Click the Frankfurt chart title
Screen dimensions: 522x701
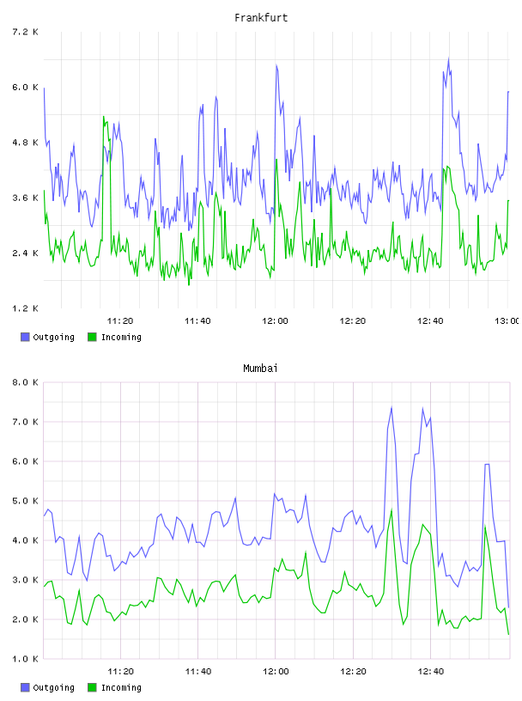(x=261, y=17)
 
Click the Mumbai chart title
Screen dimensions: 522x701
(x=260, y=368)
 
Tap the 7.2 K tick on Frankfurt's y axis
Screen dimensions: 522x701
(x=25, y=32)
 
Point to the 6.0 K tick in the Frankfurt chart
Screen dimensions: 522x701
(x=25, y=87)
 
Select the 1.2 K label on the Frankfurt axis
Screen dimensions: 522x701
(x=25, y=308)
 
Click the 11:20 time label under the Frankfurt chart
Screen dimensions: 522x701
(x=120, y=320)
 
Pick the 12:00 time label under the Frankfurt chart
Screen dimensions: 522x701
(x=275, y=320)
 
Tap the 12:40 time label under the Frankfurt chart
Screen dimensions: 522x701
(x=430, y=320)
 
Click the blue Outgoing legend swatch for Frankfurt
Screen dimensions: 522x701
(x=25, y=337)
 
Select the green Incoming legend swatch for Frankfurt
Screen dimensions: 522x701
(x=92, y=337)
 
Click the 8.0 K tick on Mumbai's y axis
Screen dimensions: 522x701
(x=25, y=382)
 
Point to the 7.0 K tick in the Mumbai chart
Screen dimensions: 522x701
(x=25, y=422)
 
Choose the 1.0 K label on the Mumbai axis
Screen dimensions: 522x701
(x=25, y=659)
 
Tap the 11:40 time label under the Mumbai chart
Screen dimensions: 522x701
(x=197, y=671)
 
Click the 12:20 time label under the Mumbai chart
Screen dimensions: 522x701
(x=353, y=671)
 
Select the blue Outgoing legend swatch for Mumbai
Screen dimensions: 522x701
(x=25, y=687)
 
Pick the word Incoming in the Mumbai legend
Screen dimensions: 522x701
(x=121, y=687)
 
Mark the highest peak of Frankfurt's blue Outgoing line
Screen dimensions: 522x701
(x=448, y=58)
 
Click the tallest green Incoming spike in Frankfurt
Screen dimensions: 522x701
(x=104, y=117)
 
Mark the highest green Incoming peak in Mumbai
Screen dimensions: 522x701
(x=391, y=509)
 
